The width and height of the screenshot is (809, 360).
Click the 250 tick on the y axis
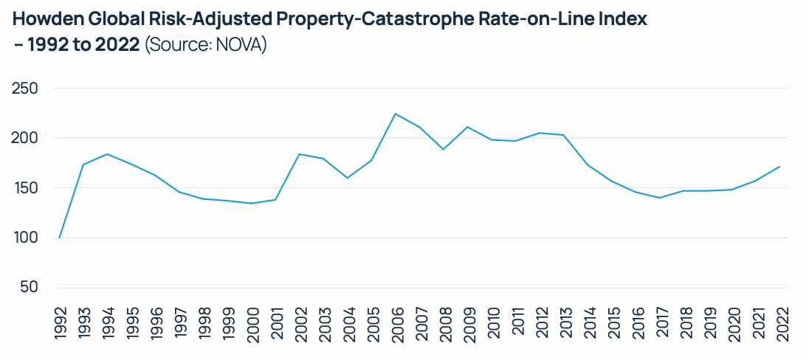[x=25, y=89]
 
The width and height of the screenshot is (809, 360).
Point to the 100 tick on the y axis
[x=25, y=238]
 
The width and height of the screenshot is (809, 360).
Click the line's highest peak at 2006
[x=396, y=114]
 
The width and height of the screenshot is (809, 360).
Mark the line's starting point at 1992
[x=59, y=238]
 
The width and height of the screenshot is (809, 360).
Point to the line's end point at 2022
[x=780, y=167]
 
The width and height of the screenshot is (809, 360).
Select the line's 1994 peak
[x=108, y=154]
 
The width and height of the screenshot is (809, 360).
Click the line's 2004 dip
[x=348, y=178]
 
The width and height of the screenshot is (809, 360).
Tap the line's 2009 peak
[x=468, y=127]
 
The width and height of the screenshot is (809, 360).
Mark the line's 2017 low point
[x=660, y=198]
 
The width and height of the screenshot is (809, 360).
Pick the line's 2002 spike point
[x=300, y=154]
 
